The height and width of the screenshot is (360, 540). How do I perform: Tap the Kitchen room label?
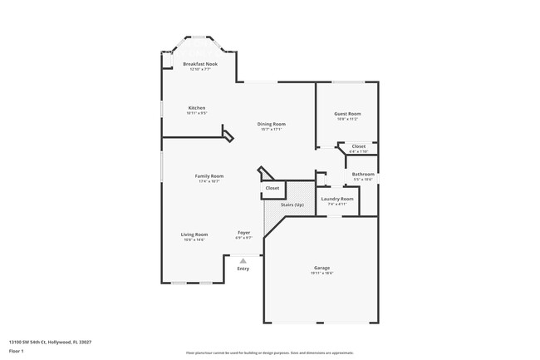[196, 108]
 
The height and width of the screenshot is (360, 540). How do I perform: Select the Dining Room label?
[271, 124]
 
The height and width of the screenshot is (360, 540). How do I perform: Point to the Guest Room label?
[347, 114]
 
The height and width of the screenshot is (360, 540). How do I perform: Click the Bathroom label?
[363, 174]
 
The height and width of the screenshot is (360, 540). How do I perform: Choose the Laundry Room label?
[336, 199]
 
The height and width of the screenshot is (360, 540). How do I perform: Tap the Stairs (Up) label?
[292, 205]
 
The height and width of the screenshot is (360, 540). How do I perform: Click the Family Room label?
[209, 176]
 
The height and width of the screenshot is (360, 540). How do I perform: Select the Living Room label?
[194, 234]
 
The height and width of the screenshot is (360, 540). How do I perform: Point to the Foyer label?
[243, 232]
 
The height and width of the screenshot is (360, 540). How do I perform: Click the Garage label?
[322, 268]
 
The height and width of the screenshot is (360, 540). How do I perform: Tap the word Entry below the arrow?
[243, 269]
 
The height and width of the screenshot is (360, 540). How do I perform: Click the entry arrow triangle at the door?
[243, 260]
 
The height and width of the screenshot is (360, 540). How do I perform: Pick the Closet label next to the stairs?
[272, 189]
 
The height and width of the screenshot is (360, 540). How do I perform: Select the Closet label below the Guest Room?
[358, 146]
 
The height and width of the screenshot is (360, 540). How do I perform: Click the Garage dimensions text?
[322, 274]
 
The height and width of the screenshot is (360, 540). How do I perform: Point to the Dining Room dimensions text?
[271, 129]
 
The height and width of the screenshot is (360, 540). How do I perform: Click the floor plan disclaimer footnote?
[269, 353]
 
